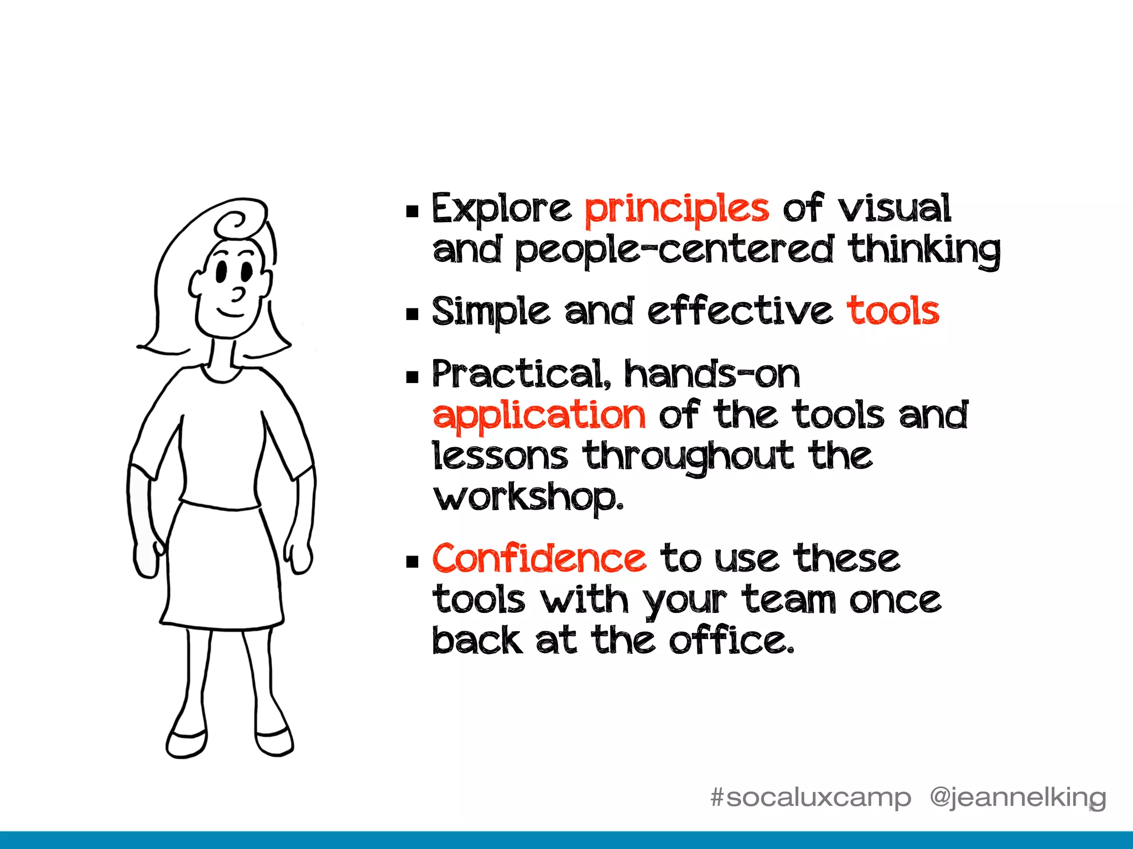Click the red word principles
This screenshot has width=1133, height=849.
[x=677, y=210]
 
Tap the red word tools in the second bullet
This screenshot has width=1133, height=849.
[x=893, y=311]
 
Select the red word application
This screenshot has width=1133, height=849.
[x=539, y=416]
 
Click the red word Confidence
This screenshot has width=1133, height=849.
[x=539, y=558]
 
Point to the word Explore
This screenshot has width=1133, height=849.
[x=501, y=209]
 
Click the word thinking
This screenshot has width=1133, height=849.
[x=924, y=250]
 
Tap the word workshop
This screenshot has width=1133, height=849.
[x=528, y=497]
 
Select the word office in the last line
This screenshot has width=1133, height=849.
[x=731, y=641]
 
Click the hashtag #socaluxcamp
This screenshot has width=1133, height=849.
[x=810, y=798]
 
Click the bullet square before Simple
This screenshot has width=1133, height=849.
[x=412, y=315]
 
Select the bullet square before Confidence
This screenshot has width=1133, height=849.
[x=412, y=562]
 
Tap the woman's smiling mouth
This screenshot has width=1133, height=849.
[x=230, y=313]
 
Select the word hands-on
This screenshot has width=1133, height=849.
[x=712, y=374]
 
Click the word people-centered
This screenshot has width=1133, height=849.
[x=674, y=251]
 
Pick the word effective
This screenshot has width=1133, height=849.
[x=740, y=311]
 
